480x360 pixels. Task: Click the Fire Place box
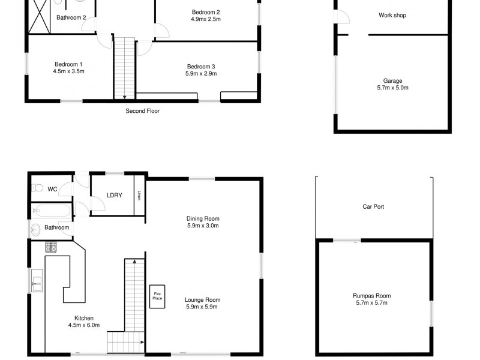[x=157, y=296]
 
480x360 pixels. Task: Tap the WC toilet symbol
[x=37, y=188]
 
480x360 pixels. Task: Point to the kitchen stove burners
[x=50, y=246]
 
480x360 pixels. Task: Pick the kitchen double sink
[x=37, y=281]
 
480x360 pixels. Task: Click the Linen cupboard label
[x=139, y=195]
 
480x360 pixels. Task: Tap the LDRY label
[x=115, y=195]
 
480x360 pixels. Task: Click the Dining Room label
[x=203, y=218]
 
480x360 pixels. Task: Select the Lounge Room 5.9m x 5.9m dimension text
[x=203, y=307]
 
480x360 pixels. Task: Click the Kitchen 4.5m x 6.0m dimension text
[x=84, y=325]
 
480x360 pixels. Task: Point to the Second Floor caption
[x=142, y=111]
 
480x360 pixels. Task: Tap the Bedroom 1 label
[x=68, y=64]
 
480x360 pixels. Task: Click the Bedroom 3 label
[x=201, y=67]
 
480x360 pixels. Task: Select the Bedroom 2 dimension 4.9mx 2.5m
[x=206, y=19]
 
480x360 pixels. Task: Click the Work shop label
[x=392, y=15]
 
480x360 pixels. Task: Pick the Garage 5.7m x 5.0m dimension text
[x=392, y=88]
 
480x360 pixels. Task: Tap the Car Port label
[x=373, y=206]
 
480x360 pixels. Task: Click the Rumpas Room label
[x=372, y=296]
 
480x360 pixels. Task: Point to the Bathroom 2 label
[x=71, y=17]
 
